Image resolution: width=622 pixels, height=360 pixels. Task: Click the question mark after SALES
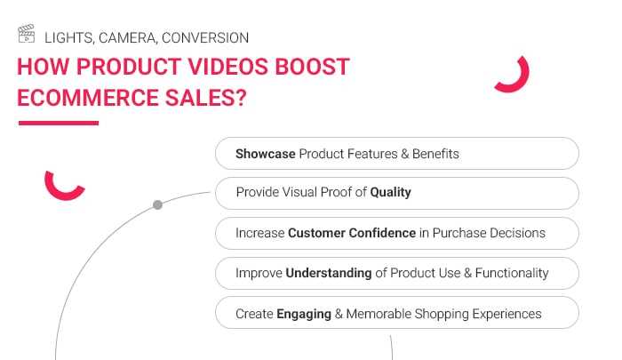pos(240,97)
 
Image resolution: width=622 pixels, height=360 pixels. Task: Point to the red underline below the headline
pos(58,122)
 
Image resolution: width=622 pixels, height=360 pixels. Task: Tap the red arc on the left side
pos(63,185)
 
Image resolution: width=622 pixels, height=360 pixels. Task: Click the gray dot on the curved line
pos(157,205)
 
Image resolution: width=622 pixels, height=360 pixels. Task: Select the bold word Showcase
pos(265,154)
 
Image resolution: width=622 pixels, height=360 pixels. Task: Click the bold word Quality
pos(390,192)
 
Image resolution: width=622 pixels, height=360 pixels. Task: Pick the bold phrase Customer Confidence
pos(352,233)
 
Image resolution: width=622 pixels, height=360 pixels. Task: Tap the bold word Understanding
pos(329,273)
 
